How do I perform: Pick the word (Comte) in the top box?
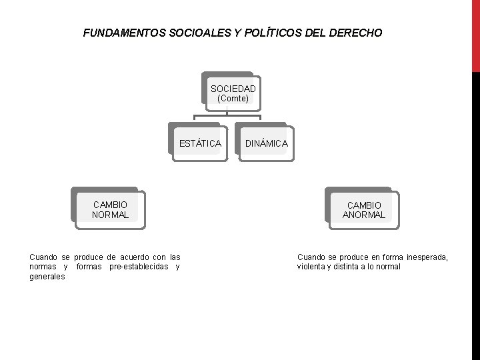(233, 98)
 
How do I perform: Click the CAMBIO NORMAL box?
(110, 209)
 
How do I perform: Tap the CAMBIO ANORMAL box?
(363, 209)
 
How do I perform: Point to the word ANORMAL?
(363, 215)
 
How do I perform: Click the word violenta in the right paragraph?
(313, 267)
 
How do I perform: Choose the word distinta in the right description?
(351, 267)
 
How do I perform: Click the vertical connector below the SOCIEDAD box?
(227, 115)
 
